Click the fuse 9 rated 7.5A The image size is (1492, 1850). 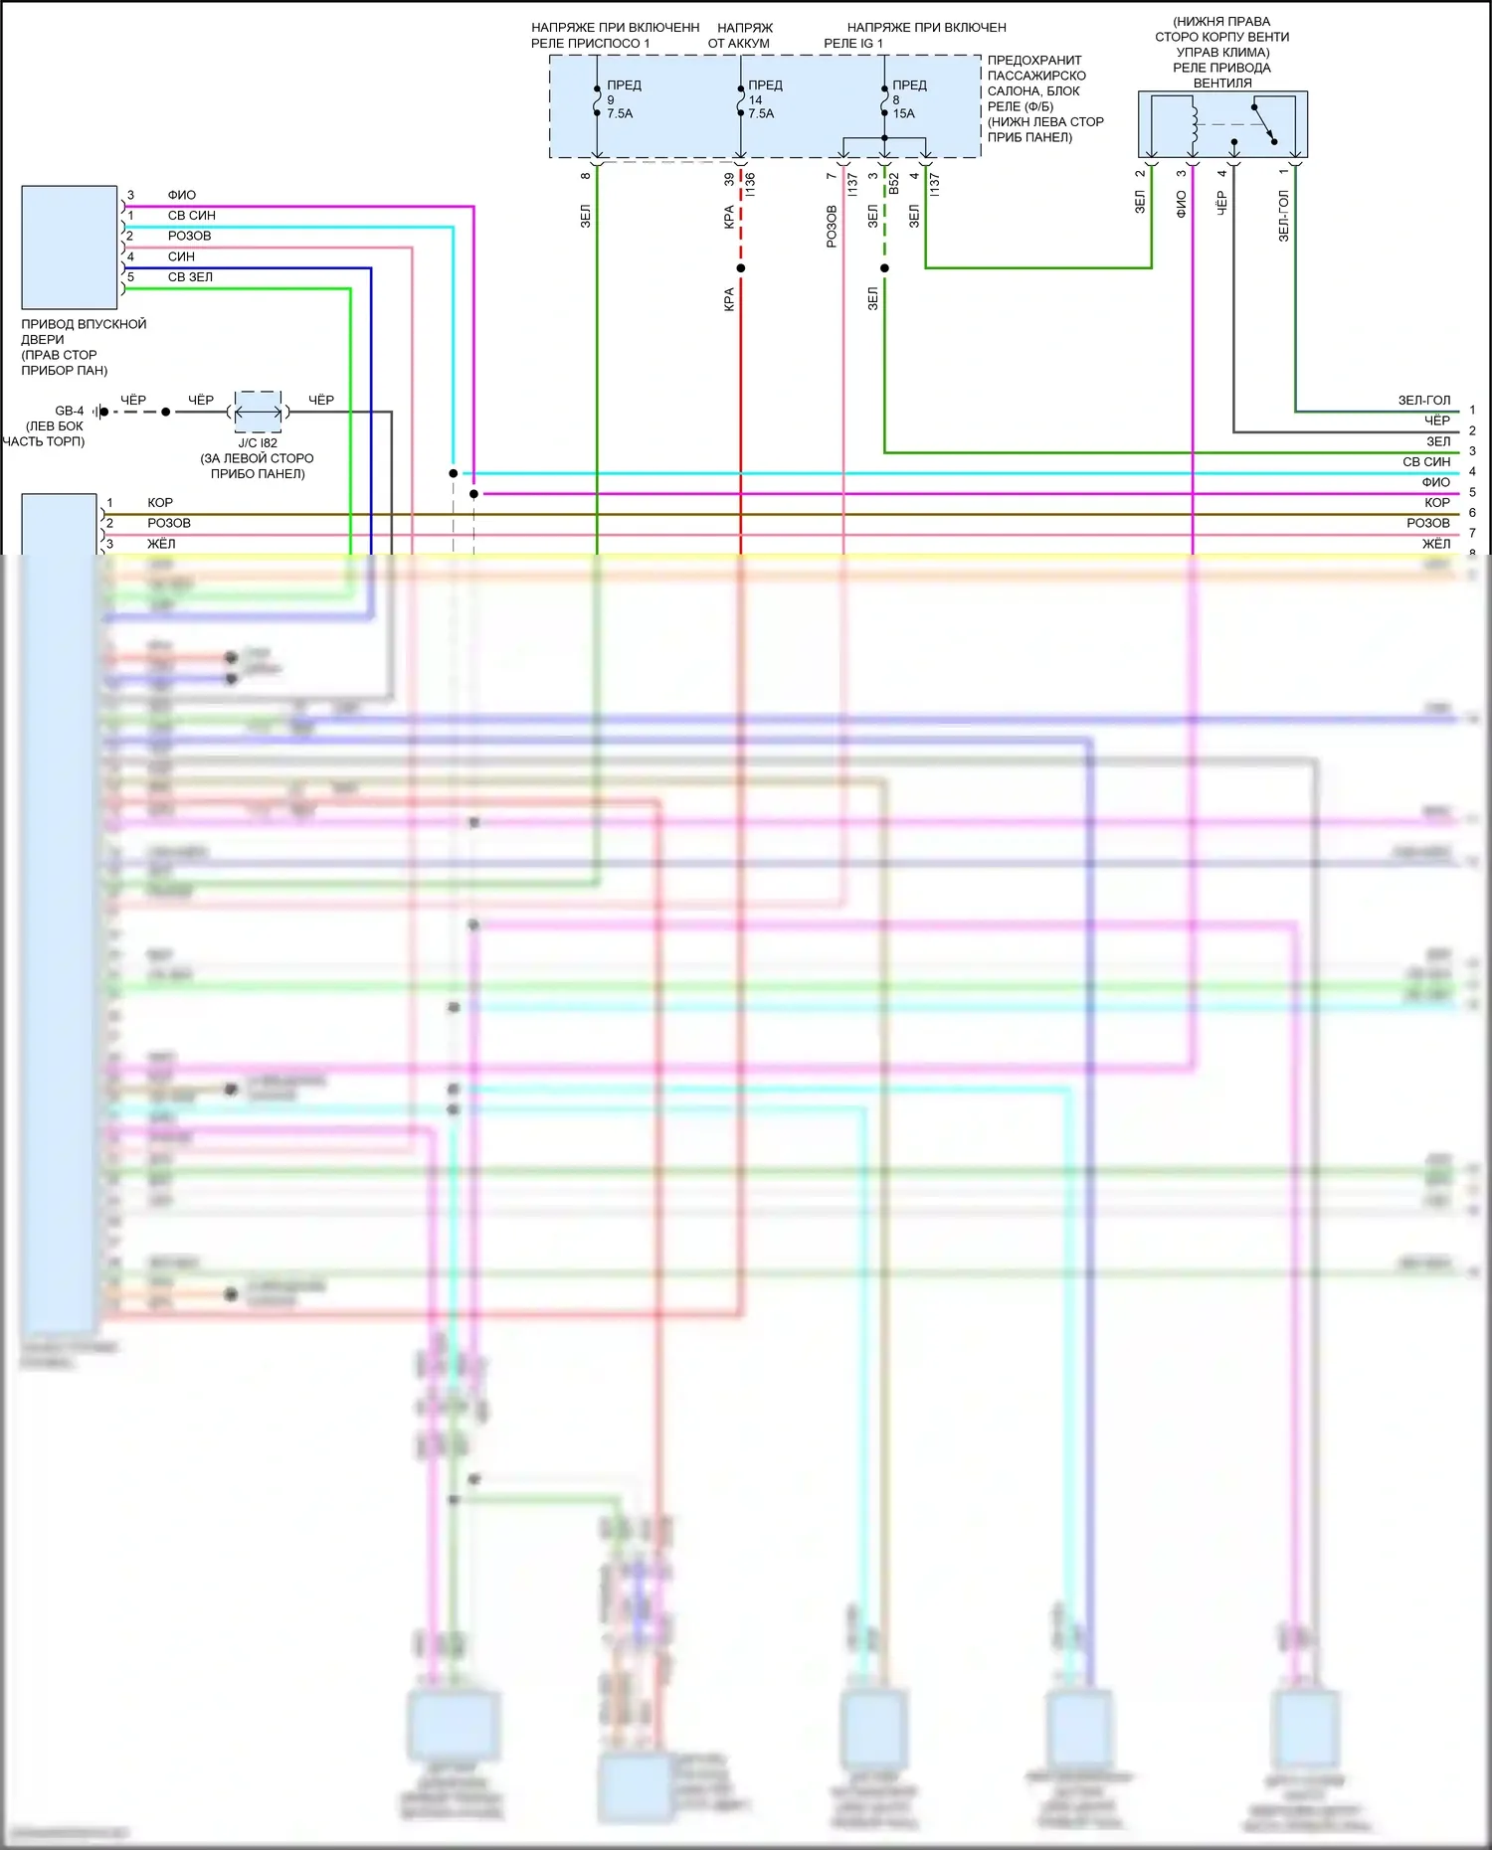pos(598,99)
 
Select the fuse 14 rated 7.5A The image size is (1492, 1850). pos(741,99)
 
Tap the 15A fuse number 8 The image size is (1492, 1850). pos(884,99)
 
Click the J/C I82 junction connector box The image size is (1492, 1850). pos(258,412)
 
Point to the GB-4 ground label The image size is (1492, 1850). pos(70,411)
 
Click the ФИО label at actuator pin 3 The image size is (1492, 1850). pos(182,195)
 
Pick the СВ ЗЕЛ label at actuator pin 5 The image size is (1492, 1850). pos(190,277)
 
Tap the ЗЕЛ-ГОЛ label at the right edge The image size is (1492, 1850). pos(1424,400)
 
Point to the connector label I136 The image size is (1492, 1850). pos(751,184)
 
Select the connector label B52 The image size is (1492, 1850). pos(894,184)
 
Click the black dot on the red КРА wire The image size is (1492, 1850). pos(741,268)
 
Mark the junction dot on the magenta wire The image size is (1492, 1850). pos(473,494)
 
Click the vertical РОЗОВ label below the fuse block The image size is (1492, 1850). pos(832,227)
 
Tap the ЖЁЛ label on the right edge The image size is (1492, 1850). pos(1435,544)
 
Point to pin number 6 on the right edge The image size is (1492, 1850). pos(1472,513)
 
